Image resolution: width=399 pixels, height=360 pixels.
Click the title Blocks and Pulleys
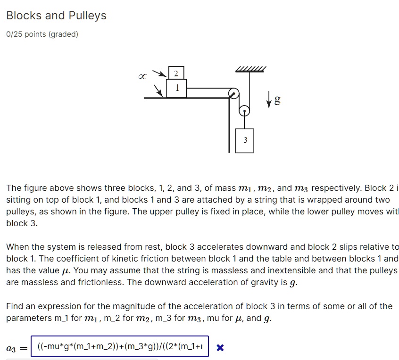(x=56, y=16)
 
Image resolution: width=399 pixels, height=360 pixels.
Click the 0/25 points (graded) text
(x=42, y=34)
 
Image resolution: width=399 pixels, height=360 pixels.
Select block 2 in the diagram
(x=175, y=73)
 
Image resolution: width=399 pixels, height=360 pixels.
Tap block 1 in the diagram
(x=176, y=88)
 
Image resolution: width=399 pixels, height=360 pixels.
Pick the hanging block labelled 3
(x=245, y=140)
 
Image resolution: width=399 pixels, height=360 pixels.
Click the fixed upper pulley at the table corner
(x=233, y=93)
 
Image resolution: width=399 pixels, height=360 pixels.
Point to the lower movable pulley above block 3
(x=244, y=111)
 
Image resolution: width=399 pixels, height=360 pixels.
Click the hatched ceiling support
(x=250, y=69)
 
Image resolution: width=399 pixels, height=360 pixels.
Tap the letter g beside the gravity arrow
(x=278, y=100)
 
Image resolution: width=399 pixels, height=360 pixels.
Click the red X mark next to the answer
(x=219, y=348)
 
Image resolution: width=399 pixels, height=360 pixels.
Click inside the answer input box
(x=120, y=348)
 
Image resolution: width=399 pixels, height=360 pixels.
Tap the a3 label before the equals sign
(x=11, y=349)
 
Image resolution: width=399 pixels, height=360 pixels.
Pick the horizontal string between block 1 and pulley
(x=208, y=88)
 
